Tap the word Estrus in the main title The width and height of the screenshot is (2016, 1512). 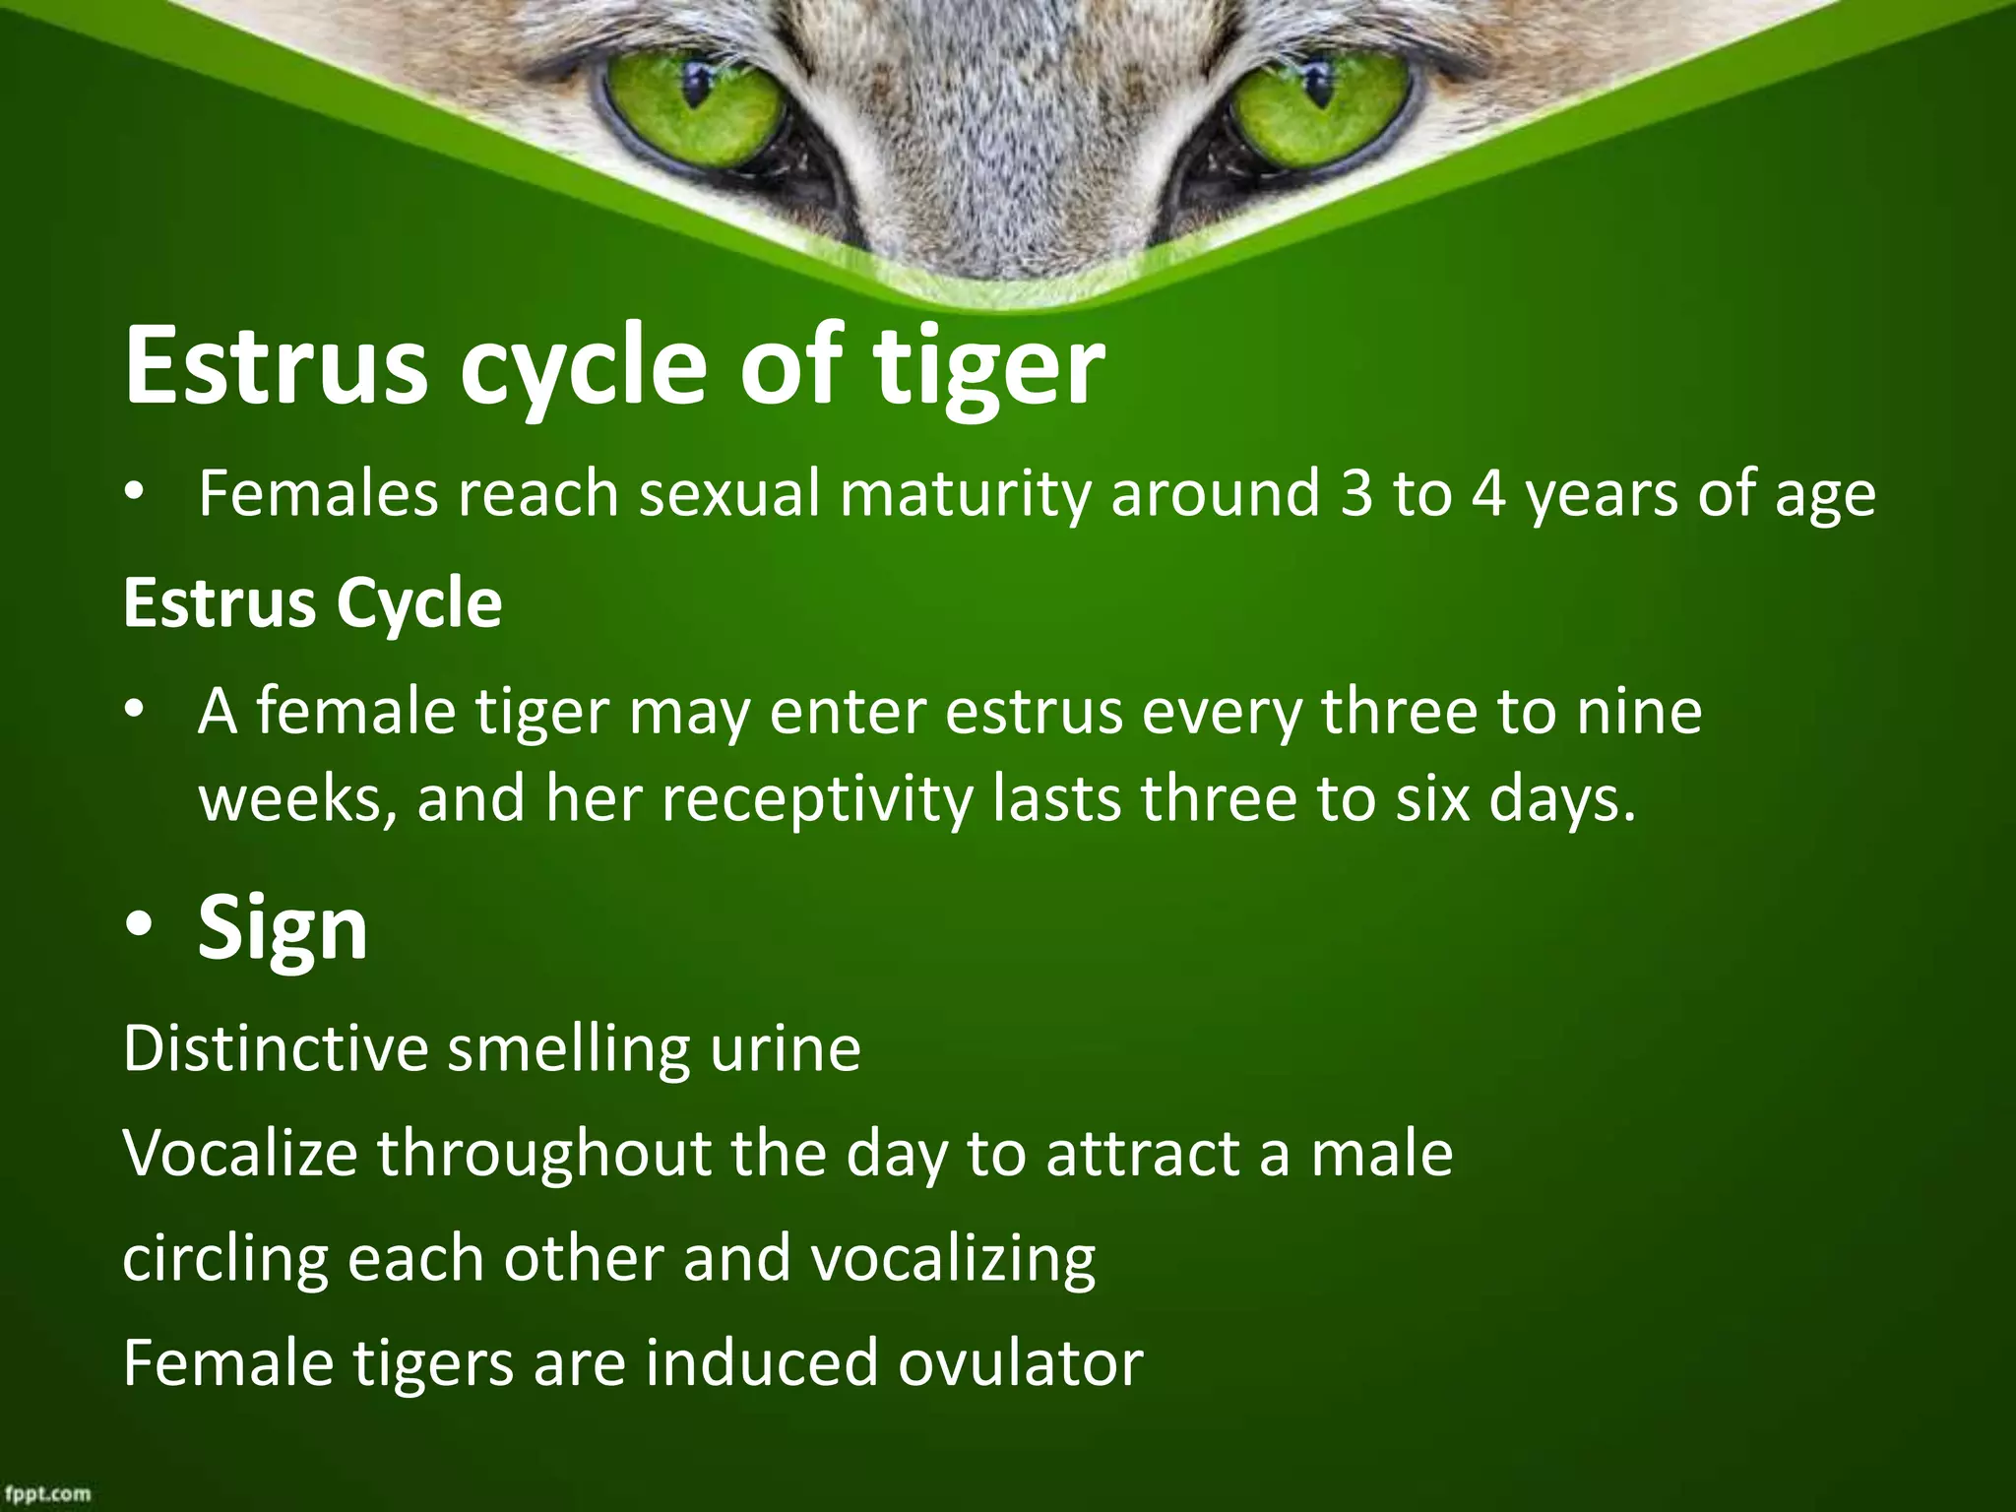(276, 366)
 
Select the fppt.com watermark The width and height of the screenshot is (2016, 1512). (46, 1493)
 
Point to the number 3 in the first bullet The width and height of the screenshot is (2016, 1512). (1355, 493)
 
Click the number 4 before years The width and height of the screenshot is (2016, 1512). (1489, 493)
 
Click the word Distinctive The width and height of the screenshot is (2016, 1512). (276, 1048)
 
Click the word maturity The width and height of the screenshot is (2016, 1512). (964, 493)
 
